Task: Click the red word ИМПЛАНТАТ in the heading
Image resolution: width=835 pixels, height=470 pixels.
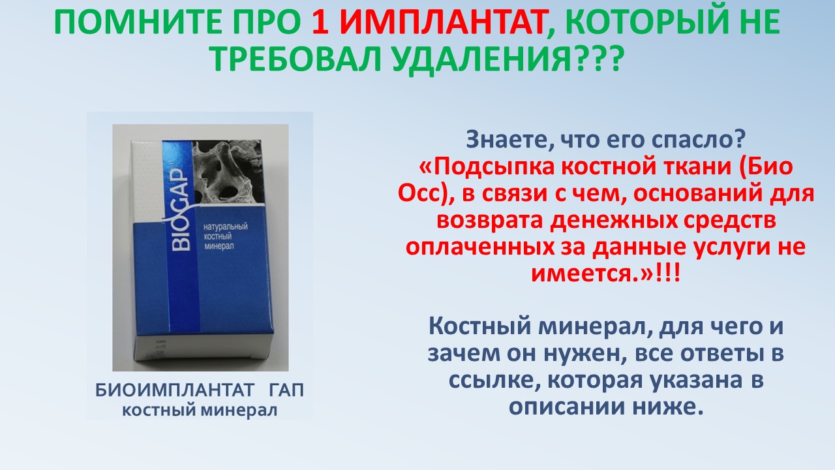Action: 442,22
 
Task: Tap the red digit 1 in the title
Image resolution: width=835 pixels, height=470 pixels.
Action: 320,22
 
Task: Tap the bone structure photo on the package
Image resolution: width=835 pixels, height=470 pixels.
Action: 228,172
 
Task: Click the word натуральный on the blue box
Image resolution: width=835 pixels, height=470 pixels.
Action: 226,227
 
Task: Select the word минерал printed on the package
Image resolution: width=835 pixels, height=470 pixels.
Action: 219,246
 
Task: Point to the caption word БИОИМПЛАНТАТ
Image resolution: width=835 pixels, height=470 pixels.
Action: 174,390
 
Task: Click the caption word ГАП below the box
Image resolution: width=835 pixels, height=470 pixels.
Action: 286,390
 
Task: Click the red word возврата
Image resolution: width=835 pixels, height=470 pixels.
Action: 489,221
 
